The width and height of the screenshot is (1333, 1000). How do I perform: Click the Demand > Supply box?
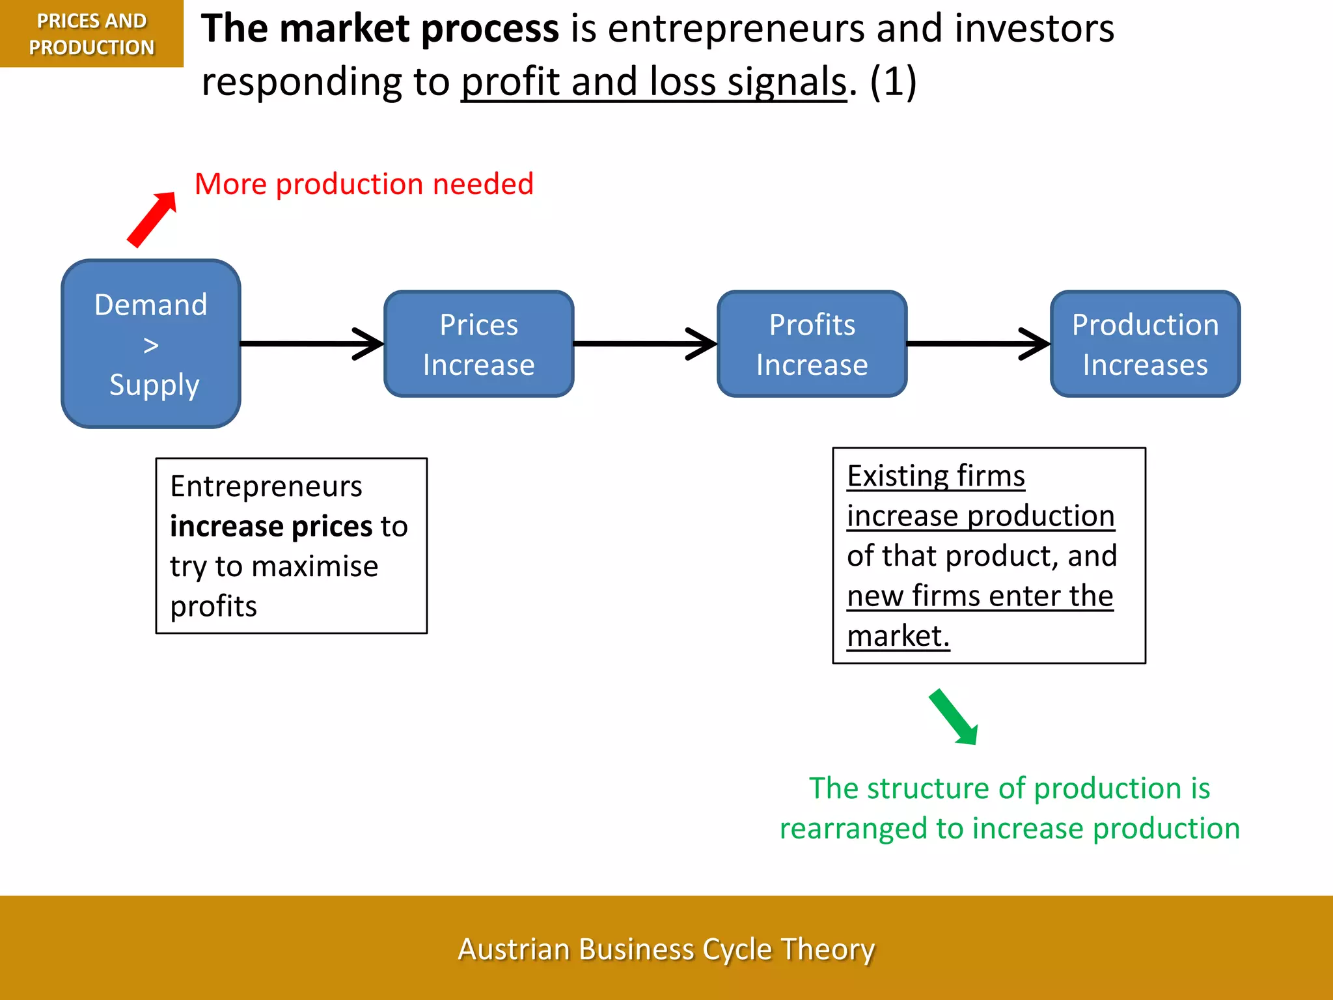click(151, 344)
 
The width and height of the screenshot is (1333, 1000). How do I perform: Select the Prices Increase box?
click(478, 344)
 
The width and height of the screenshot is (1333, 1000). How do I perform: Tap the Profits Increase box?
click(812, 344)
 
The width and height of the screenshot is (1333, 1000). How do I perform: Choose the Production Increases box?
click(1145, 344)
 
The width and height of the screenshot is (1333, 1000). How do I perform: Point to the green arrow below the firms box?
click(953, 716)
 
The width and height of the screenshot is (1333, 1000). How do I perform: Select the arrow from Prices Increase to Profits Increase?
click(644, 343)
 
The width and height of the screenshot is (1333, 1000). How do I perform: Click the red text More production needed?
click(364, 184)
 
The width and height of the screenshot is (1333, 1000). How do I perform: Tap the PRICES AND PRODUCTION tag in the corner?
click(91, 34)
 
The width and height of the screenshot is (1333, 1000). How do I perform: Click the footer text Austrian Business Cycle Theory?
click(666, 949)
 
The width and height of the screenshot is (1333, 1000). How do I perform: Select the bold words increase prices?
click(270, 526)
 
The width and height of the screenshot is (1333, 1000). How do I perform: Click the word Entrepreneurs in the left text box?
click(266, 486)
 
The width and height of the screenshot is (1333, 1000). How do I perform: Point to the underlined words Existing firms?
click(935, 476)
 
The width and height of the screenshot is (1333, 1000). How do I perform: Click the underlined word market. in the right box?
click(898, 636)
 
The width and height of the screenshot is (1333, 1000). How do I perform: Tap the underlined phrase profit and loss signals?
click(653, 82)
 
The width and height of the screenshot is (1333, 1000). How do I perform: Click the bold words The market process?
click(379, 29)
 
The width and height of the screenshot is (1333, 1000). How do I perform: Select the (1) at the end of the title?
click(893, 82)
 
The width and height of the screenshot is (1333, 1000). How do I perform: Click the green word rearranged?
click(853, 829)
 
